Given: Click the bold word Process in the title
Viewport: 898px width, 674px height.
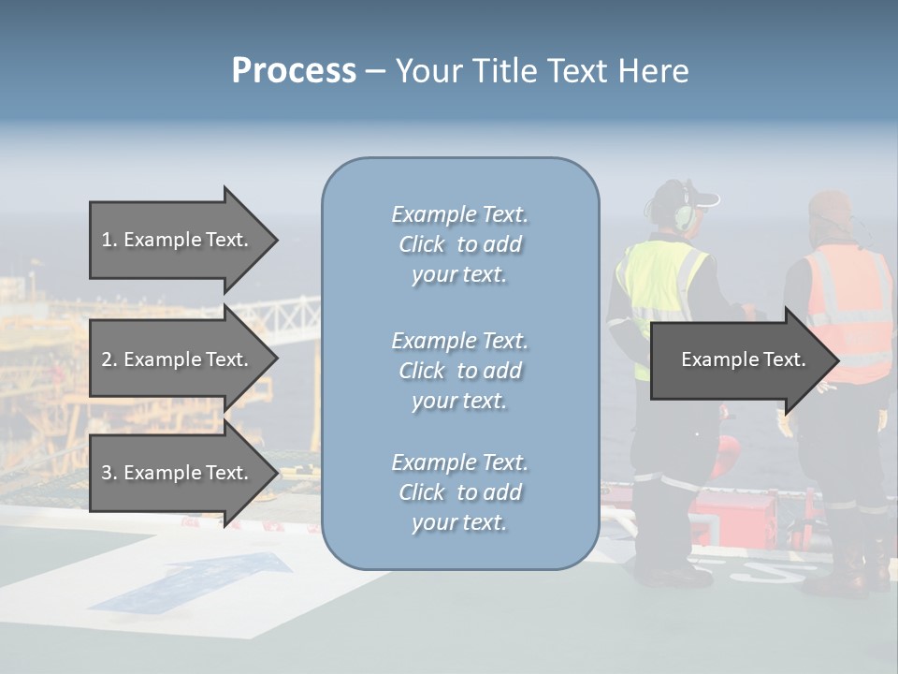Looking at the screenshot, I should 294,71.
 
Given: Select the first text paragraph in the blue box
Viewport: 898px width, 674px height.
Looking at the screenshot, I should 459,244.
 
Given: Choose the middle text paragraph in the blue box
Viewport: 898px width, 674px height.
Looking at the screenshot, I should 459,371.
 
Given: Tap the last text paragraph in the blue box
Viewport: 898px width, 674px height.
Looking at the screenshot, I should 459,492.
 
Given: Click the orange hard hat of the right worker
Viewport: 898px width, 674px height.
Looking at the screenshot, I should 829,207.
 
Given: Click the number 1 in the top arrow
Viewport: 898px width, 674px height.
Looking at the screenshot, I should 107,240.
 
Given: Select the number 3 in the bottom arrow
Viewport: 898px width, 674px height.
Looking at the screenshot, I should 107,473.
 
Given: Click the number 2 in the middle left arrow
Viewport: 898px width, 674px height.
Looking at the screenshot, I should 107,359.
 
